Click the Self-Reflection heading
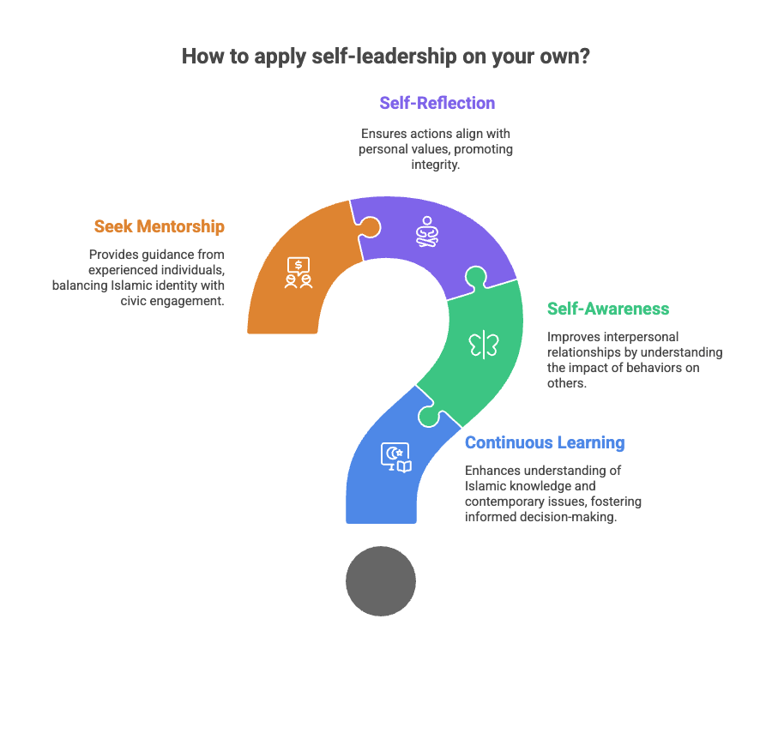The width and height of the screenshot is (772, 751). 437,103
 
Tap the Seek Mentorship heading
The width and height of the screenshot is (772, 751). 160,226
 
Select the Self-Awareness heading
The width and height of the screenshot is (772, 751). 608,309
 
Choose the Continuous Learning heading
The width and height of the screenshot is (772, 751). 545,442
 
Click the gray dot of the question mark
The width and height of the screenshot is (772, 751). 381,581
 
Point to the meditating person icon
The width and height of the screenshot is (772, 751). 427,231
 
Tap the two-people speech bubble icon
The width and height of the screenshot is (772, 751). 299,273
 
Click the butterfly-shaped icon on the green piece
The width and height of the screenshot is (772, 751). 484,345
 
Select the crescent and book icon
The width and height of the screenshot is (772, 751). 395,457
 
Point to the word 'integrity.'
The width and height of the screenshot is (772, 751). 436,165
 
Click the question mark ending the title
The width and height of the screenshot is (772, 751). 585,56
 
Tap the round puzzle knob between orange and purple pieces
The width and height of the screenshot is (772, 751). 369,228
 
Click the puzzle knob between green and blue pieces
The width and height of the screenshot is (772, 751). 429,415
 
